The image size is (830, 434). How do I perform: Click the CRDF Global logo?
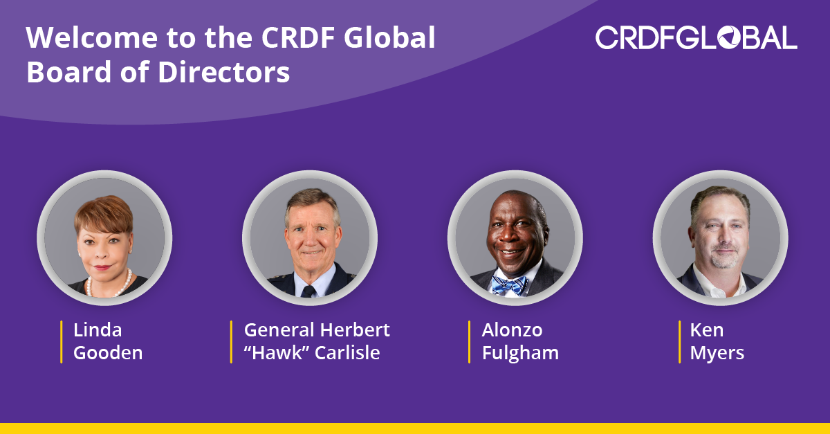tap(697, 37)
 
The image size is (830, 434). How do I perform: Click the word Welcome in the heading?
tap(92, 37)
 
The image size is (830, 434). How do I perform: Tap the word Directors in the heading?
tap(224, 71)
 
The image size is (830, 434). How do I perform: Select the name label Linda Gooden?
tap(108, 341)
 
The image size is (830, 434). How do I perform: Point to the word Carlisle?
tap(347, 352)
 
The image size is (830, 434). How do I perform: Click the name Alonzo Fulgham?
tap(520, 341)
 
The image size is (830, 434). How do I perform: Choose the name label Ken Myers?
tap(717, 341)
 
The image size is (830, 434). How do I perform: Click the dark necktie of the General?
tap(308, 291)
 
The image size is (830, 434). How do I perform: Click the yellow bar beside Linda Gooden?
tap(61, 342)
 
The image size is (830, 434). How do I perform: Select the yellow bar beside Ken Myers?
tap(679, 342)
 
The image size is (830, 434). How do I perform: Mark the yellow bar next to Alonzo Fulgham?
tap(469, 342)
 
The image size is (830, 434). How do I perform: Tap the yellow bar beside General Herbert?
tap(231, 342)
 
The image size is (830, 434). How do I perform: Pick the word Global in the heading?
tap(389, 37)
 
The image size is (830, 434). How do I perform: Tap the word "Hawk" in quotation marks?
tap(277, 352)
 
